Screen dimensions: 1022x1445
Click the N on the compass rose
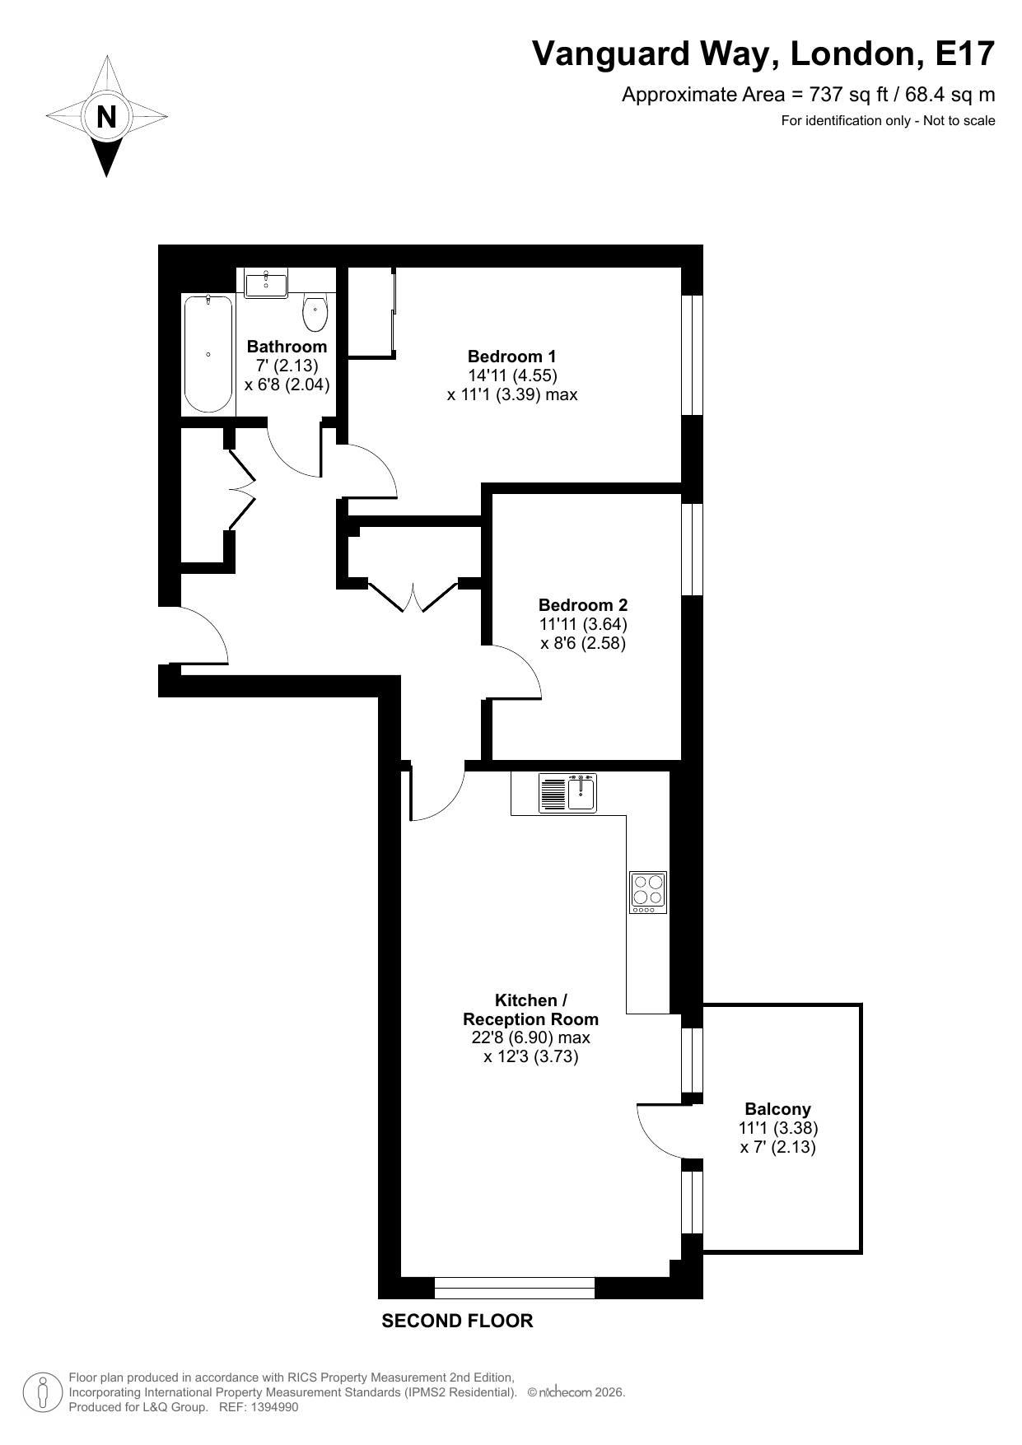click(106, 117)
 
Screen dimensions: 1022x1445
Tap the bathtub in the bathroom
click(208, 354)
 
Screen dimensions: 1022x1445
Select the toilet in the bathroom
click(315, 312)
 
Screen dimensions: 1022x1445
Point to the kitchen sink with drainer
click(567, 793)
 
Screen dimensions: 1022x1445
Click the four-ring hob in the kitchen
click(648, 892)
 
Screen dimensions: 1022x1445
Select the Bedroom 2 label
click(583, 605)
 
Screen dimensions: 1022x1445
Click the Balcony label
click(777, 1109)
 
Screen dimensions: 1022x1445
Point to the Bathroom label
click(287, 347)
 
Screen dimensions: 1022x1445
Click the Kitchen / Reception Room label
click(530, 1009)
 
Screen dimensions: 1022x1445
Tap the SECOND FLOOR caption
click(457, 1321)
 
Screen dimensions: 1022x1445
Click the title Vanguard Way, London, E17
click(763, 54)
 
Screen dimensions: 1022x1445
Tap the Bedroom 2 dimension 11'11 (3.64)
click(583, 624)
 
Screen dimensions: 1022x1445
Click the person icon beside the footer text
click(44, 1391)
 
